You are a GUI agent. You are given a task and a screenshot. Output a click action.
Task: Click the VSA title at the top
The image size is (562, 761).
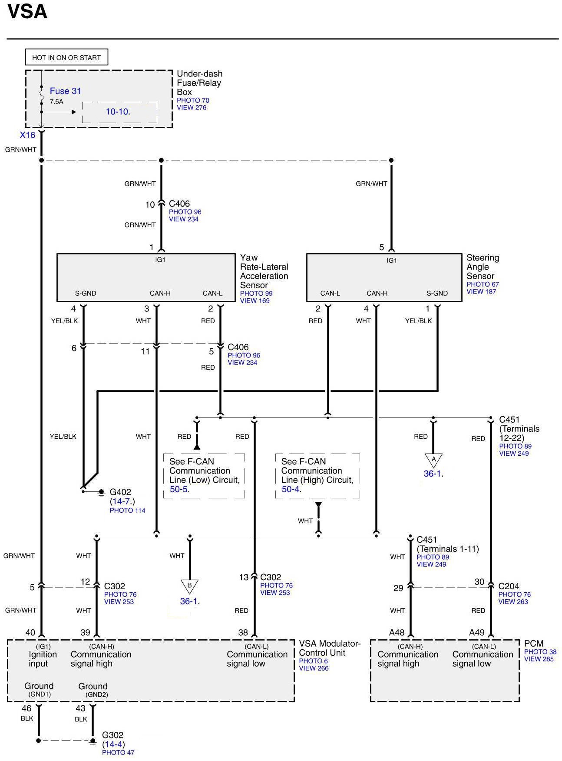point(27,11)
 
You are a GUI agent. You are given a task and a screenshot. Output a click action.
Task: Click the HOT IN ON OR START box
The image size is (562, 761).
point(66,57)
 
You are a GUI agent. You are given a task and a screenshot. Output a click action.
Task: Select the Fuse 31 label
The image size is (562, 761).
point(65,91)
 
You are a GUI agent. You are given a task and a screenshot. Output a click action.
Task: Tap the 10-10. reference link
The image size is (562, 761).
point(118,112)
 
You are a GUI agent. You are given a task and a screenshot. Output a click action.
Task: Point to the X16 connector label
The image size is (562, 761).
point(27,135)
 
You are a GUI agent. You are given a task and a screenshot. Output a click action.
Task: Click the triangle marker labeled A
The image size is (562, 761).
point(433,460)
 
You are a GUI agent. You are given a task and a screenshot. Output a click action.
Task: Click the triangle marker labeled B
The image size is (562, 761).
point(189,586)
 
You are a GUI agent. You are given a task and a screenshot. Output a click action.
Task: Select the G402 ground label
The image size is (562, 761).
point(120,492)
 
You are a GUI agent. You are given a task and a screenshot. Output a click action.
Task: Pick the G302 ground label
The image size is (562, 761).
point(113,735)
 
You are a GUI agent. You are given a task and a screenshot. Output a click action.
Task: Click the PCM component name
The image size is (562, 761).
point(534,643)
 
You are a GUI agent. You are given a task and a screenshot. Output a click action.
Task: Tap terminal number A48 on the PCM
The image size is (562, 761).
point(397,632)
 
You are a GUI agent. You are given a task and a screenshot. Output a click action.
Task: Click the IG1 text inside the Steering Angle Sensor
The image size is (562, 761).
point(392,260)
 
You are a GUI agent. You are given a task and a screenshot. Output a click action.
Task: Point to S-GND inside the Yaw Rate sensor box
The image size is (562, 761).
point(86,293)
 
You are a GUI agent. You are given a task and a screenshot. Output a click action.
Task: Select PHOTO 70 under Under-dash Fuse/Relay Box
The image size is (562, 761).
point(193,100)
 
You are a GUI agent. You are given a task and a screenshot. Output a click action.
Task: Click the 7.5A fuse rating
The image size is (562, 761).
point(56,102)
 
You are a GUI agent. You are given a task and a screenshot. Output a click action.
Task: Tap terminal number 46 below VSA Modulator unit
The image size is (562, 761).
point(26,708)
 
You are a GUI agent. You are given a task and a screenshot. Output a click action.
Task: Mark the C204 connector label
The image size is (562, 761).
point(509,586)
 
